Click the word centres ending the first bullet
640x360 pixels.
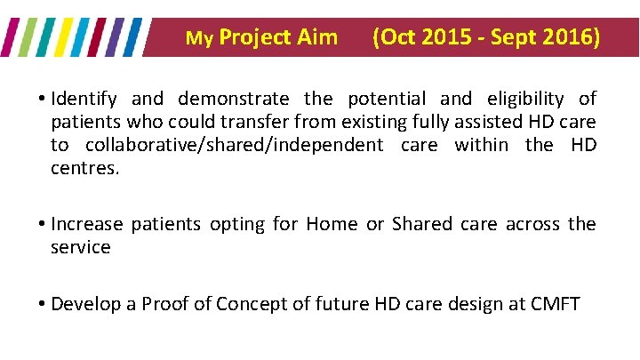[84, 168]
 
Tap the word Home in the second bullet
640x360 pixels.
[332, 224]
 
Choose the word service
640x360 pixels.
[81, 247]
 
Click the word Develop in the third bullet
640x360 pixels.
[85, 304]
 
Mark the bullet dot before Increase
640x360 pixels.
[43, 225]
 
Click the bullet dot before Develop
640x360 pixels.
[43, 305]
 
